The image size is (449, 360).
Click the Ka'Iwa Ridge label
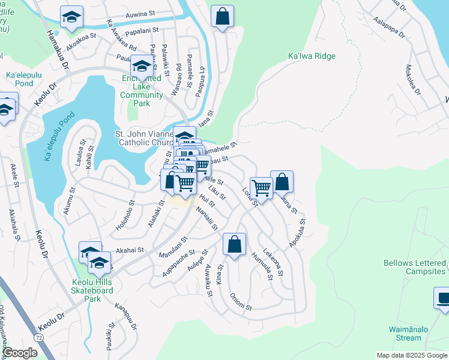point(312,56)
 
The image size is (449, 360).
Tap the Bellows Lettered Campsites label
point(415,268)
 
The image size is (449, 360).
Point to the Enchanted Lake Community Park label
point(141,91)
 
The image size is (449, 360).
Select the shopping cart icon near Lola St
point(261,188)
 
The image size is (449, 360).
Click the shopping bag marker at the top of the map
point(222,17)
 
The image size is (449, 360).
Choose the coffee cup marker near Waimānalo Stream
point(443,298)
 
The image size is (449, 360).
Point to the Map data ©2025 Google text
point(411,355)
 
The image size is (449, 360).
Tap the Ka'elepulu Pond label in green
point(19,79)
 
